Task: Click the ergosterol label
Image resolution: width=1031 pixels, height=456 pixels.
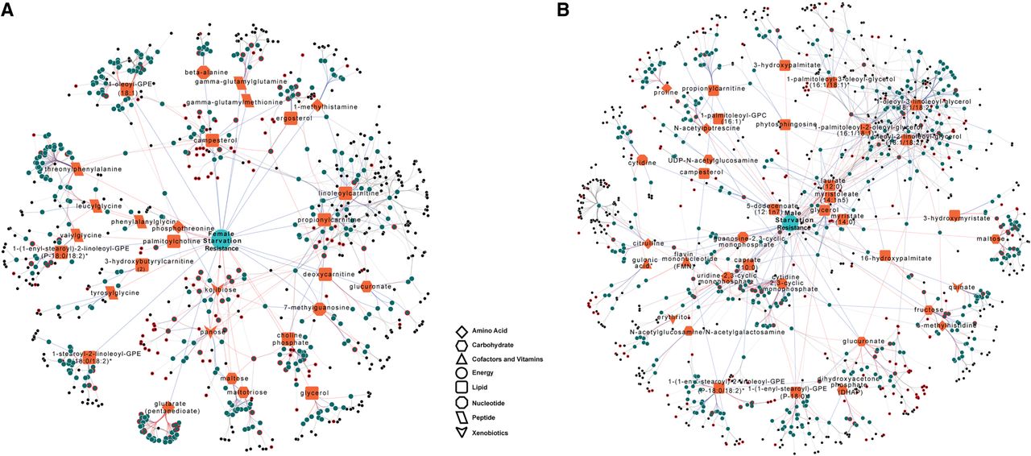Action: (293, 118)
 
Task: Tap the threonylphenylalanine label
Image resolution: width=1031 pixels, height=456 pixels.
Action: (77, 168)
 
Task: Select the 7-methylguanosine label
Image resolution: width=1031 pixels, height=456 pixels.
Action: (317, 307)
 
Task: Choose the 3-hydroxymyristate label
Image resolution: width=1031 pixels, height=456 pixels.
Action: (954, 217)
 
